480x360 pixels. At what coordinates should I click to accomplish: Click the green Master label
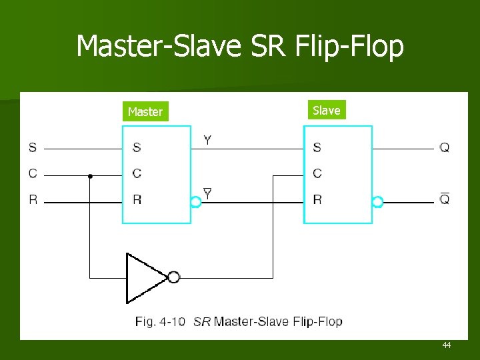145,112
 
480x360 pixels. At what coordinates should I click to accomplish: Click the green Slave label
327,110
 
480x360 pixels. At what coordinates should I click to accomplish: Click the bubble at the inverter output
173,277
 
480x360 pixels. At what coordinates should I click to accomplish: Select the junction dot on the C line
90,176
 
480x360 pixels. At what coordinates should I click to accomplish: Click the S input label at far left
33,147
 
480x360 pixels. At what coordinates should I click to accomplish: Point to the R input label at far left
33,199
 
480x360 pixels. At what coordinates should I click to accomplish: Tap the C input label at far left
33,174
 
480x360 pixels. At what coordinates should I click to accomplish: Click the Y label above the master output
207,140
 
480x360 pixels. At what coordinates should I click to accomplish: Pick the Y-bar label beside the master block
207,194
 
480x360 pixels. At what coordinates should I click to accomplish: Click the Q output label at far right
445,147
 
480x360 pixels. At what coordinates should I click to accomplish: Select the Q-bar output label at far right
445,199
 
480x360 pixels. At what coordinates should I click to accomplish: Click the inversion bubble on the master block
195,202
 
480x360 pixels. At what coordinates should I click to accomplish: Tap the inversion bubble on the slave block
377,202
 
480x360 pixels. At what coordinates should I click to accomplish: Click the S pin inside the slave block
317,147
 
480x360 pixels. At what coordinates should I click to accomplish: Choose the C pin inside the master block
137,174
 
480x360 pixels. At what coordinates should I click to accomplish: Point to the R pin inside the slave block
317,199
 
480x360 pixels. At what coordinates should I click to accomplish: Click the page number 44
446,345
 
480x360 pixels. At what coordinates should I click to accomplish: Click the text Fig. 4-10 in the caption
160,322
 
